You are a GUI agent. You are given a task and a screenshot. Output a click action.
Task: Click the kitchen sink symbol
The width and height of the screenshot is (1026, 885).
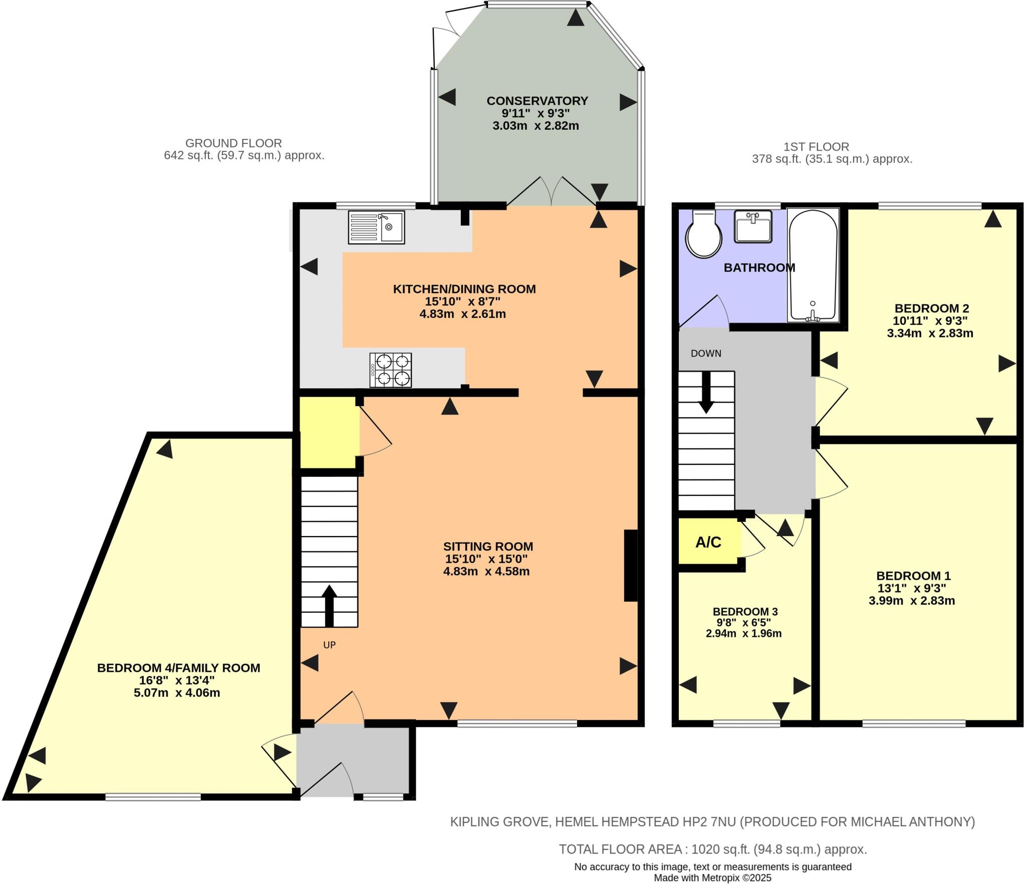pos(376,227)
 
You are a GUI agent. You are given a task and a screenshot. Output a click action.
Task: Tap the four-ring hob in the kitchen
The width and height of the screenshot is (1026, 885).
pos(391,370)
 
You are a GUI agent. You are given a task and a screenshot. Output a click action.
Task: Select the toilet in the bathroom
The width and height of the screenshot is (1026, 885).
pos(703,234)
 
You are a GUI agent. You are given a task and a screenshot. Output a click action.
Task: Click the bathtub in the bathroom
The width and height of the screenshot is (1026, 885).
pos(813,264)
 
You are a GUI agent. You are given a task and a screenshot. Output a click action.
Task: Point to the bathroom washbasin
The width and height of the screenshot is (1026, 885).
pos(753,227)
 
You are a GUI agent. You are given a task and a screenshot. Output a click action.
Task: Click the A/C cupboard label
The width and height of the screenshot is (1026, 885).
pos(708,542)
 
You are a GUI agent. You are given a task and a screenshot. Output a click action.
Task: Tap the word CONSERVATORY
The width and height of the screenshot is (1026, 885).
pos(537,101)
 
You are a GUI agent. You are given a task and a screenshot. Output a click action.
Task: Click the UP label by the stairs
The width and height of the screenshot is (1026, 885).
pos(329,645)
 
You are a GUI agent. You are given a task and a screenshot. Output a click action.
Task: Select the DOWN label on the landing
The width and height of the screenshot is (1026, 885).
pos(706,353)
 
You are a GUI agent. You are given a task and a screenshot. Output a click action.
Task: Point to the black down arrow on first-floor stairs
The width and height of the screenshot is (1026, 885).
pos(706,393)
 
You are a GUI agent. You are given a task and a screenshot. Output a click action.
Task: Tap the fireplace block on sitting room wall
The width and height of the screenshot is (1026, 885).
pos(630,565)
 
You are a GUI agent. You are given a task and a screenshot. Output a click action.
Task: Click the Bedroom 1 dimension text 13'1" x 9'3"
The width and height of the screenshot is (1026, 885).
pos(911,588)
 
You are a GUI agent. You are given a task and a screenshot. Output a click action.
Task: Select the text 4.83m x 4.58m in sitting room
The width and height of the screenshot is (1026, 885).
pos(486,571)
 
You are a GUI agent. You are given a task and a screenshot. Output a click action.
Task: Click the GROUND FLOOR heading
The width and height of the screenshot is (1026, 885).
pos(233,143)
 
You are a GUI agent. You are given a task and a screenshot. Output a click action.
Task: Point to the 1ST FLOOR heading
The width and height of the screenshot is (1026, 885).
pos(816,147)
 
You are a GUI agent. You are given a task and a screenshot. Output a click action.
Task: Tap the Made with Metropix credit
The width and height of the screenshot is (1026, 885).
pos(712,878)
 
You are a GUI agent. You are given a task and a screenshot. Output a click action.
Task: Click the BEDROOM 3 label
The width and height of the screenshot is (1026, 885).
pos(745,612)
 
